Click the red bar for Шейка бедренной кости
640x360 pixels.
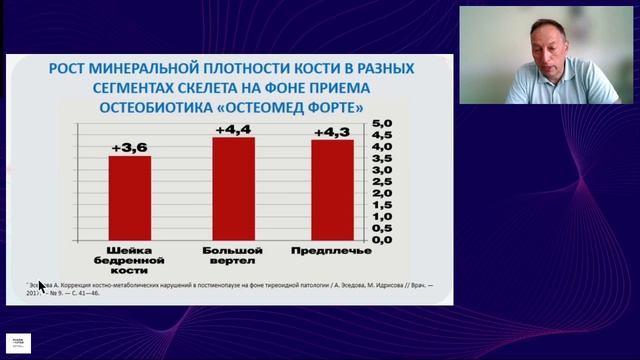coord(130,198)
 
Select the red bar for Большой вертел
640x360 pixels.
coord(233,189)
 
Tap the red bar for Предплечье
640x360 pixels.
coord(332,190)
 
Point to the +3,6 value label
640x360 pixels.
coord(130,148)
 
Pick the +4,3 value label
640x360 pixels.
coord(332,132)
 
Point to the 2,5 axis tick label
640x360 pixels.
coord(384,182)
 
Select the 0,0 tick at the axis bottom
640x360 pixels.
coord(384,241)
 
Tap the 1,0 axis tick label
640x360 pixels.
coord(384,217)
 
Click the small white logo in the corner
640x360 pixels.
coord(18,343)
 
